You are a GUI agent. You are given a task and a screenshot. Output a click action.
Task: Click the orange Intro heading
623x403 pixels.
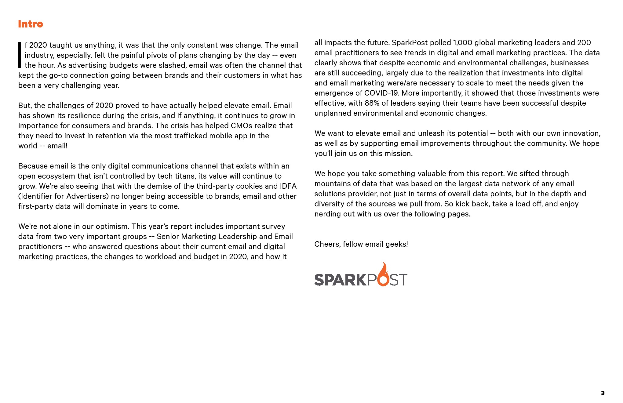coord(31,24)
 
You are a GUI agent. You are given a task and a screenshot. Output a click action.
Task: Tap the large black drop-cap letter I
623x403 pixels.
coord(20,55)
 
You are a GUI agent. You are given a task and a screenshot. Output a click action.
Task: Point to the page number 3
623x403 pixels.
coord(603,393)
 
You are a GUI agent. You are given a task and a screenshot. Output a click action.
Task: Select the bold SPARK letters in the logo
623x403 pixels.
coord(340,280)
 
